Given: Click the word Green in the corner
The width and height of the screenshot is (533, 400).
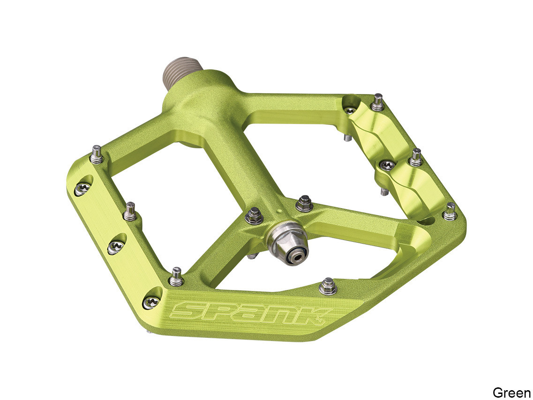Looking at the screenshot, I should coord(511,392).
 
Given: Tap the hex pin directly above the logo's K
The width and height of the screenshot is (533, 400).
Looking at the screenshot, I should coord(328,286).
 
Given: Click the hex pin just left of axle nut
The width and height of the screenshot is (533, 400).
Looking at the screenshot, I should coord(254,216).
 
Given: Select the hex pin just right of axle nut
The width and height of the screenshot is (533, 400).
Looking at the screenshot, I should coord(305,204).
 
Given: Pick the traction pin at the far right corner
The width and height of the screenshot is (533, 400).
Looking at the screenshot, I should coord(450,211).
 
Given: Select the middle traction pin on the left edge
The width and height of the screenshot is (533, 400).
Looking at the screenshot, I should coord(130,211).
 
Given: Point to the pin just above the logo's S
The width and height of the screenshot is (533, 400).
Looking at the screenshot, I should coord(176,276).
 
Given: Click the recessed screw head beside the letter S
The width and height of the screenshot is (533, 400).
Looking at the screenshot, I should coord(151,303).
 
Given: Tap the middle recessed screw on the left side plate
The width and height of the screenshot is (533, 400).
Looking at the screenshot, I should coord(115,247).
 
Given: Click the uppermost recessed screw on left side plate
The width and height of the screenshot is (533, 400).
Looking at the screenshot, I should coord(81,189).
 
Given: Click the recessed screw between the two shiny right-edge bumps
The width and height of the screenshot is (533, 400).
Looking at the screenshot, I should coord(388,165).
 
